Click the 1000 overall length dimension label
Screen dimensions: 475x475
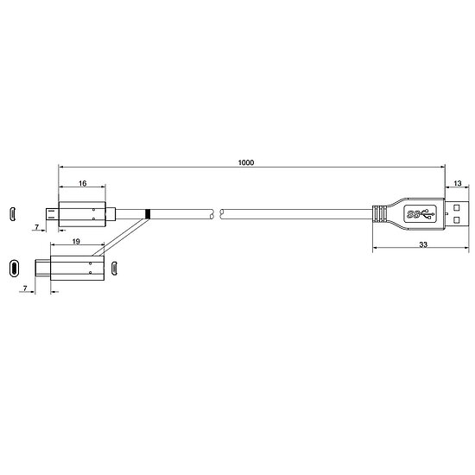245,162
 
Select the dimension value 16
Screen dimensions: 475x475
82,183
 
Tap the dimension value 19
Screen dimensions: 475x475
76,241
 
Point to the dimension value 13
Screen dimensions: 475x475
458,183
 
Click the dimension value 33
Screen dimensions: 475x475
423,244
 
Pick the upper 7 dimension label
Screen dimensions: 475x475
37,226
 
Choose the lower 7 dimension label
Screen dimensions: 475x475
25,288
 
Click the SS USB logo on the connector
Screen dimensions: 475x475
421,214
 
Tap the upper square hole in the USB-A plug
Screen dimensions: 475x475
457,208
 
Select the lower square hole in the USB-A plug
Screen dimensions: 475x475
457,219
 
